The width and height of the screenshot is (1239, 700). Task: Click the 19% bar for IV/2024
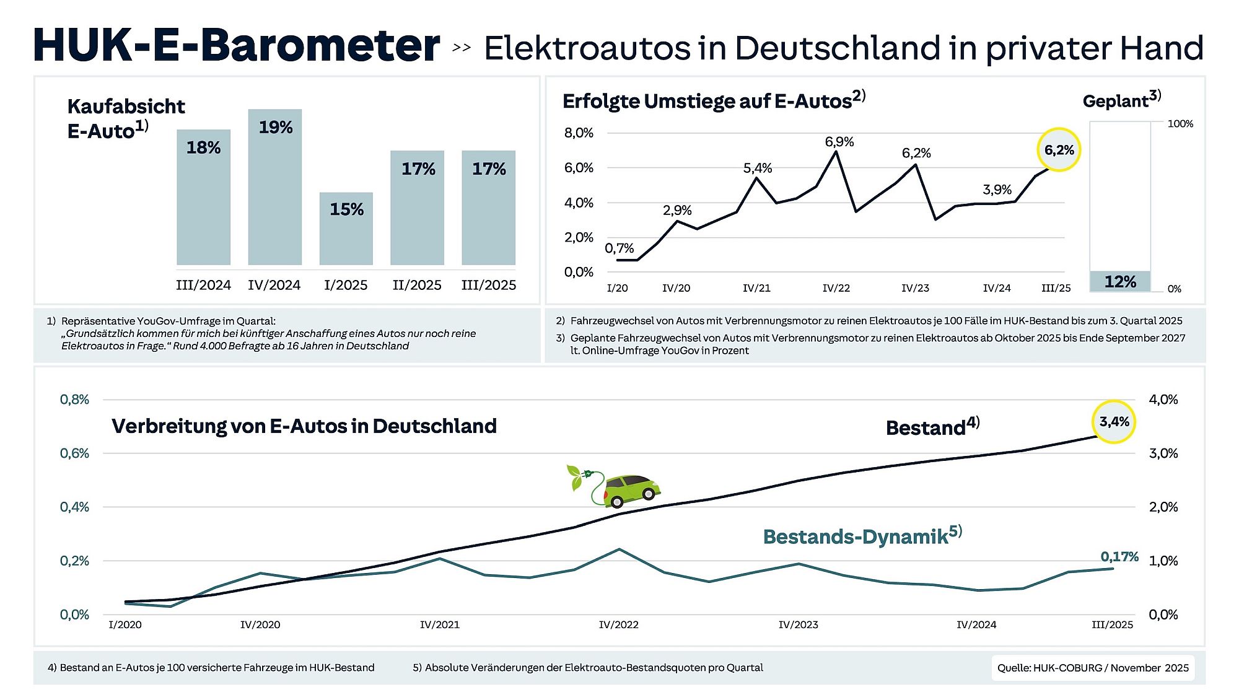click(275, 187)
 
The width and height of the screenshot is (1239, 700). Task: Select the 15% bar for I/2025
click(346, 229)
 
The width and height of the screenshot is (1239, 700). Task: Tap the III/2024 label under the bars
click(203, 285)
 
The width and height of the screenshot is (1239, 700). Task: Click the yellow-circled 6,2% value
click(1059, 150)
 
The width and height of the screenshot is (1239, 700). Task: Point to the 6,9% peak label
click(839, 142)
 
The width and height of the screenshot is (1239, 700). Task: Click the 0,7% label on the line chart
click(619, 248)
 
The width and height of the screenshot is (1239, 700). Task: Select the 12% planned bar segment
click(1120, 281)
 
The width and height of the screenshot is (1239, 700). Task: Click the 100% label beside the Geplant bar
click(1180, 124)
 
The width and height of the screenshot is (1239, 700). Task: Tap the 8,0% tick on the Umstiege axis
click(578, 133)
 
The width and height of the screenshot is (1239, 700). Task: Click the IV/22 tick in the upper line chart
click(836, 288)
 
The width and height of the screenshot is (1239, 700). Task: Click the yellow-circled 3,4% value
click(1114, 422)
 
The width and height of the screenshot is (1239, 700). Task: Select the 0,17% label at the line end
click(1119, 556)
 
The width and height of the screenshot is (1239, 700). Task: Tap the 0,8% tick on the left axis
click(74, 400)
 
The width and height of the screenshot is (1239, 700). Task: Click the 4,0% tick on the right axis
click(1163, 400)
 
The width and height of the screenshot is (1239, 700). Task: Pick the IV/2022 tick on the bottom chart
click(618, 624)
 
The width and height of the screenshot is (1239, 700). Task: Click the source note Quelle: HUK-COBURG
click(1093, 668)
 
